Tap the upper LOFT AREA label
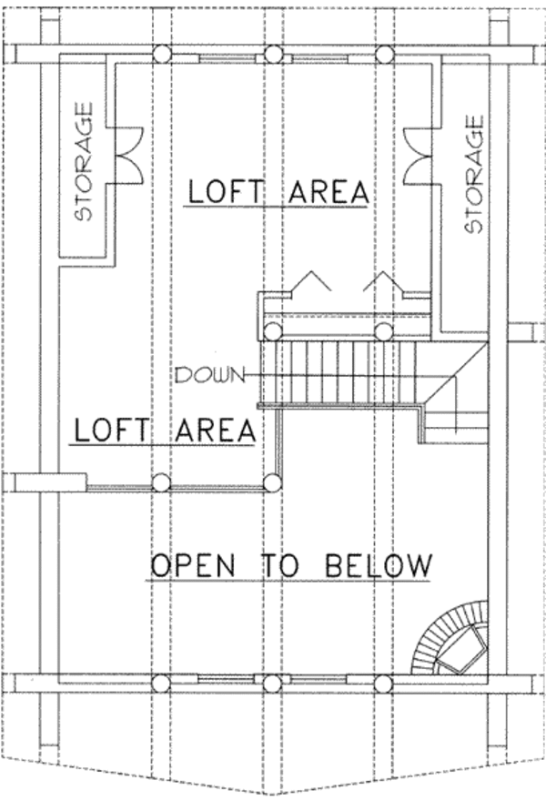(278, 192)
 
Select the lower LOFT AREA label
(164, 430)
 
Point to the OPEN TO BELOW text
(289, 565)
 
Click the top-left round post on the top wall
(161, 54)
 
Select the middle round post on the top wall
(271, 55)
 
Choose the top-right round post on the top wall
(383, 54)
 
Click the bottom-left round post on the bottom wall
(161, 683)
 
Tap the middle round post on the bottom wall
(271, 683)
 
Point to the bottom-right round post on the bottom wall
(383, 683)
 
